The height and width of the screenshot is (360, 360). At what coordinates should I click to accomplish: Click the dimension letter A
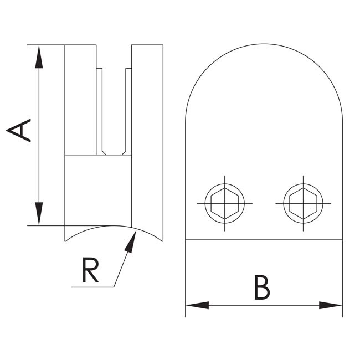(x=19, y=130)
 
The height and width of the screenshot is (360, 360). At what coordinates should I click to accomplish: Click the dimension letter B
(x=262, y=287)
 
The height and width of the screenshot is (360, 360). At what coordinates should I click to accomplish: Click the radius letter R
(x=90, y=270)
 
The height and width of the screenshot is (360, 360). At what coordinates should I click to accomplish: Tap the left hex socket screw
(x=224, y=203)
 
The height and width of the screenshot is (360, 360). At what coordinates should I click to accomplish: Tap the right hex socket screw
(x=304, y=203)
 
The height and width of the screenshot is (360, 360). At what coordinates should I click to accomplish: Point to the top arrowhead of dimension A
(x=39, y=56)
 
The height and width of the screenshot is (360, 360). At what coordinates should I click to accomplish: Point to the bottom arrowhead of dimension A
(x=39, y=214)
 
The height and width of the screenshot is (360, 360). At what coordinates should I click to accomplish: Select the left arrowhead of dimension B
(x=198, y=305)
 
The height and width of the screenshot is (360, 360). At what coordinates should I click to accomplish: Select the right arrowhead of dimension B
(x=331, y=305)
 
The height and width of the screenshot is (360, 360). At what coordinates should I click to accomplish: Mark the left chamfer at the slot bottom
(x=104, y=153)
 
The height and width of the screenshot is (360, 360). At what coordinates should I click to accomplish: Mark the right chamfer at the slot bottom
(x=124, y=153)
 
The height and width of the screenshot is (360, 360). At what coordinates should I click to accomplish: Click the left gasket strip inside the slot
(x=99, y=111)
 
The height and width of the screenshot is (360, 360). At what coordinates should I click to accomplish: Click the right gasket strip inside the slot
(x=128, y=111)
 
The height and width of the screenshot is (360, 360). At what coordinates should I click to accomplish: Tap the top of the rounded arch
(x=264, y=44)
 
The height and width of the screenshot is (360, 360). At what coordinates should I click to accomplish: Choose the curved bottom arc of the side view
(x=114, y=226)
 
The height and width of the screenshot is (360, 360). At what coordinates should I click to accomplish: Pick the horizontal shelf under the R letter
(x=92, y=287)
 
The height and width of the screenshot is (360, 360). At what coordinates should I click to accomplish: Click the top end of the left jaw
(x=81, y=45)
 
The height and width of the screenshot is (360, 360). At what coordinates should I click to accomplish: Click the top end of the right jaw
(x=147, y=45)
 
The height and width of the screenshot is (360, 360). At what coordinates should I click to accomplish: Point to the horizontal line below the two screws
(x=264, y=240)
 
